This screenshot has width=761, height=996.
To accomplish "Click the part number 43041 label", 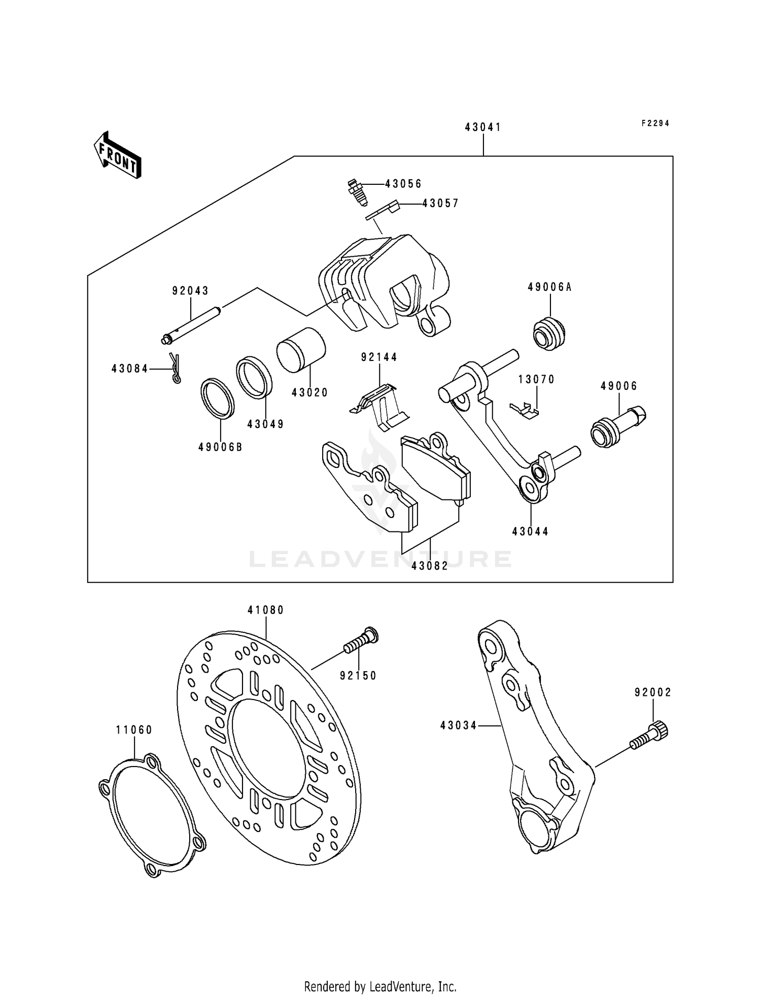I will point(483,127).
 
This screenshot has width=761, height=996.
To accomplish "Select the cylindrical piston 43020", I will point(301,350).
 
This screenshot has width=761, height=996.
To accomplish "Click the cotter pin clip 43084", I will point(175,368).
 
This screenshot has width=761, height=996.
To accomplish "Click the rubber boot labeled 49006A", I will point(550,333).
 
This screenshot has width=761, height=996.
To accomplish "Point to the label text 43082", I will point(430,566).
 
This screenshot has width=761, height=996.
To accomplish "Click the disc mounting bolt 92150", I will point(361,641).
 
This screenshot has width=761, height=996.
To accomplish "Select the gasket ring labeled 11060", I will point(152,814).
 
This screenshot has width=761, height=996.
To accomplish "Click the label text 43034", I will point(459,726).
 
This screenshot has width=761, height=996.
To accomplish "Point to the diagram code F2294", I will point(655,123).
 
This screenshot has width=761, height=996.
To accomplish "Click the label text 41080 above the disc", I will point(266,610).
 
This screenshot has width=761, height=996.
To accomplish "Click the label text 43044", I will point(530,532).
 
